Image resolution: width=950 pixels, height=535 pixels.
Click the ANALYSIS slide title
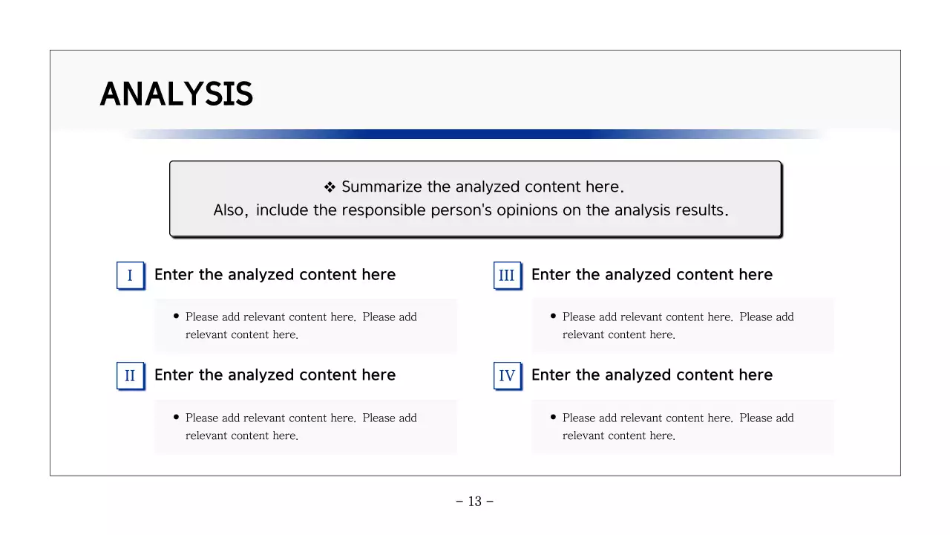[177, 94]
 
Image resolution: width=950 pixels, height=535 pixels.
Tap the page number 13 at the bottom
[475, 502]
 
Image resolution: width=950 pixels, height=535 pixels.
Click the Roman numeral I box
[130, 276]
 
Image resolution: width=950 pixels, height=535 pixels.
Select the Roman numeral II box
[130, 376]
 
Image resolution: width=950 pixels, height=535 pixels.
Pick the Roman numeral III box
[507, 276]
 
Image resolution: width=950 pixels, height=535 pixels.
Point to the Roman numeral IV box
[507, 376]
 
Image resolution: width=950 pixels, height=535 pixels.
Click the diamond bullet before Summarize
[330, 187]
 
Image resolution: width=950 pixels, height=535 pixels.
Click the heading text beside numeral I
[275, 275]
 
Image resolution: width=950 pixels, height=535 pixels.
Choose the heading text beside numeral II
[275, 375]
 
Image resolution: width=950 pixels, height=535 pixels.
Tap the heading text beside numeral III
[652, 275]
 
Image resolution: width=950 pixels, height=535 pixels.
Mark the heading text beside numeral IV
[652, 375]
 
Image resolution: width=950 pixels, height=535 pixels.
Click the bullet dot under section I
[176, 316]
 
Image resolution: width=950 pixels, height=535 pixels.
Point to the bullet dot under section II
[176, 417]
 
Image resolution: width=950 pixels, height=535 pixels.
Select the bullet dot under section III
[553, 316]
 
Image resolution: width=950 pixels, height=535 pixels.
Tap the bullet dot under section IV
[553, 417]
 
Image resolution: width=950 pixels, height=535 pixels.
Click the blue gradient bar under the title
[475, 134]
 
